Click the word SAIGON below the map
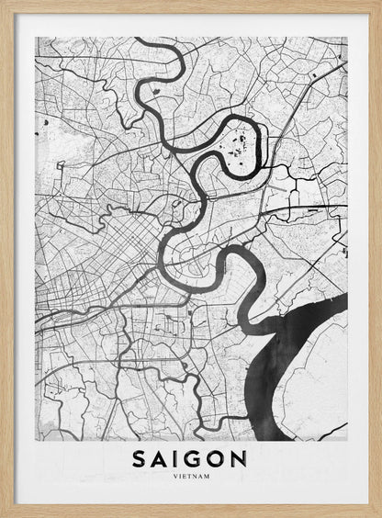tap(191, 457)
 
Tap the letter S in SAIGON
tap(140, 457)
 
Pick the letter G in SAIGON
tap(196, 457)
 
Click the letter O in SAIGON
tap(219, 457)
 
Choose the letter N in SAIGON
tap(242, 457)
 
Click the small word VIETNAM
tap(191, 475)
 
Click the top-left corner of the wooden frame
tap(3, 3)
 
